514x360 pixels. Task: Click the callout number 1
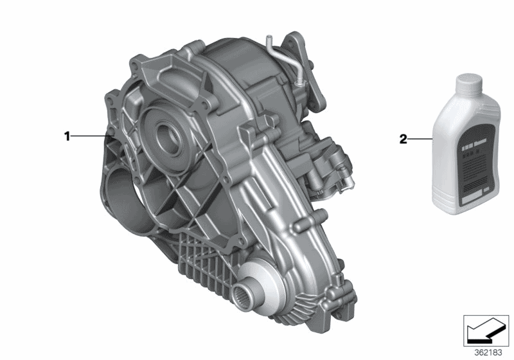click(66, 136)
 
